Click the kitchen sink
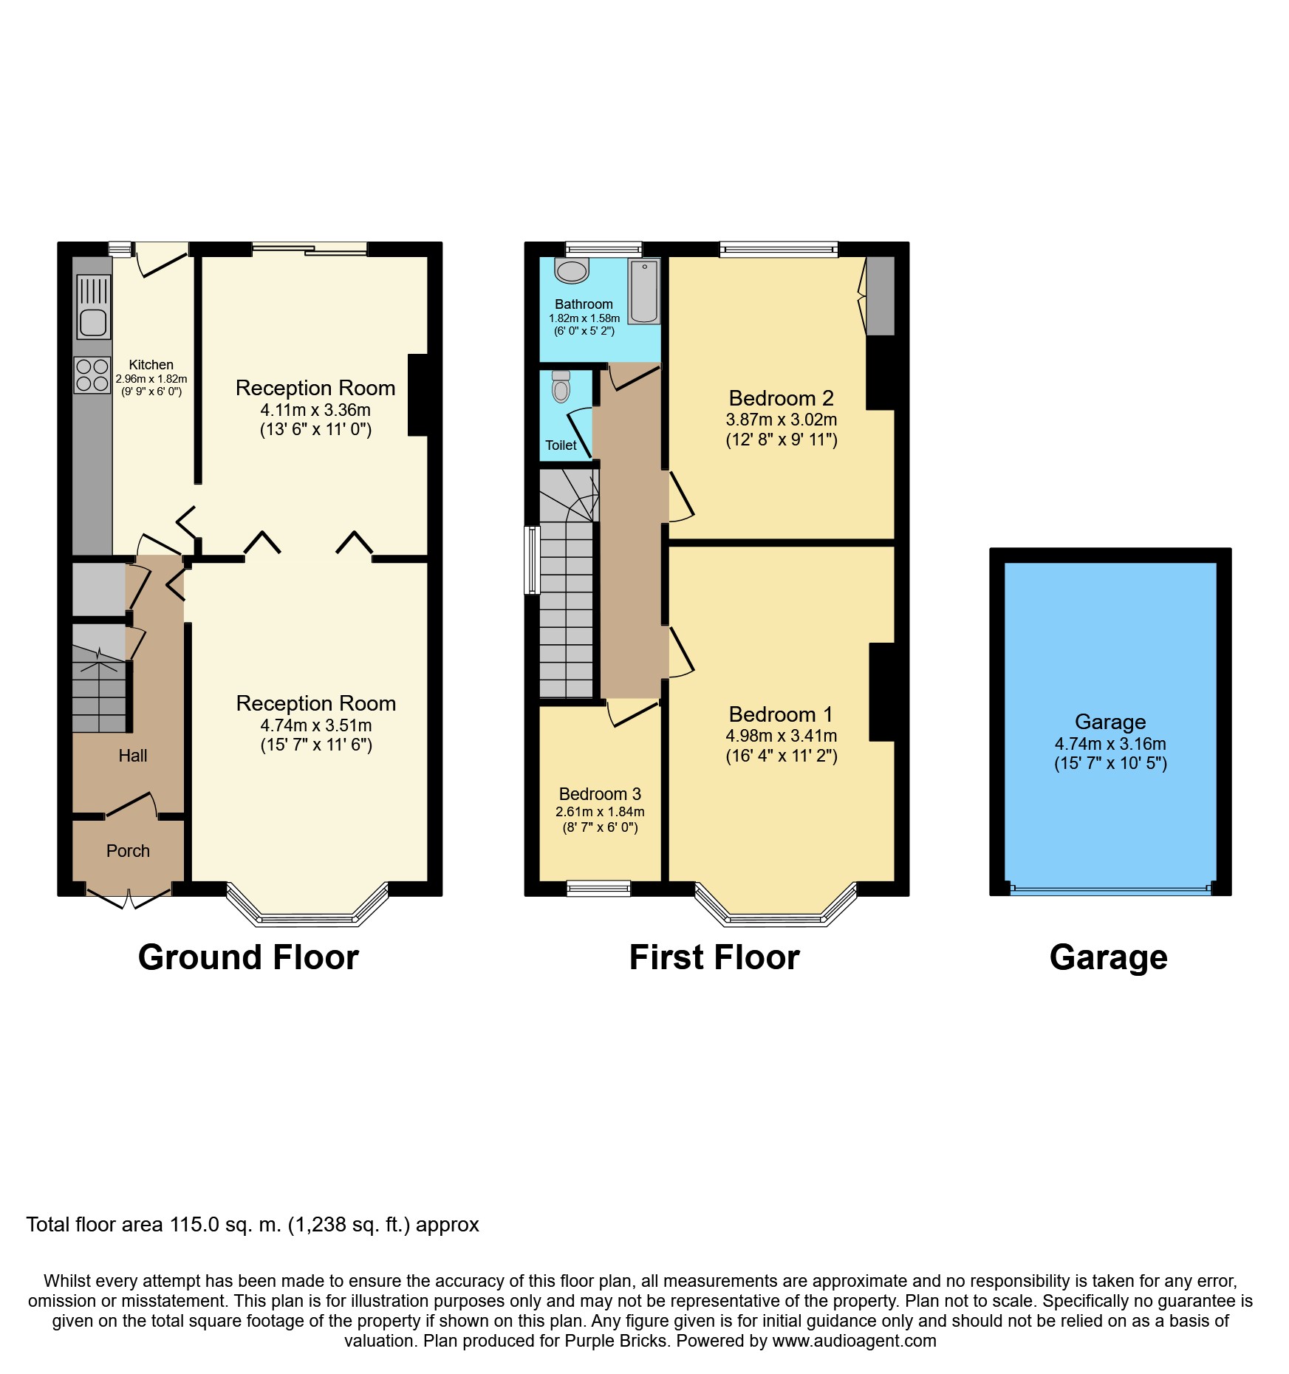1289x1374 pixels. [93, 307]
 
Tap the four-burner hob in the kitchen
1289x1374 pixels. [92, 375]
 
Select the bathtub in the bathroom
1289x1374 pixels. [644, 291]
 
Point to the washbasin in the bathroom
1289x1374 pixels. [572, 270]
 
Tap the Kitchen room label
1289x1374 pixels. [151, 365]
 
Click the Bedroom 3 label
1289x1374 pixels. [600, 794]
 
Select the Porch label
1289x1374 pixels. [128, 851]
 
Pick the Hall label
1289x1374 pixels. [133, 756]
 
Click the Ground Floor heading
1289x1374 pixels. [248, 957]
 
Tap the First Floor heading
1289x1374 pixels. [714, 957]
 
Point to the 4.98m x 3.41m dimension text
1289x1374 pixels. [782, 736]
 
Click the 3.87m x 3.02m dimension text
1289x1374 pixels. [782, 420]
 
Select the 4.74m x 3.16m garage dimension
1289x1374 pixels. [1110, 744]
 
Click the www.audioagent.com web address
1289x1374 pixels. [855, 1341]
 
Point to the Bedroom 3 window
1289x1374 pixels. [599, 888]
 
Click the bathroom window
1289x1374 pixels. [604, 249]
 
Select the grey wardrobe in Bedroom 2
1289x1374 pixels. [880, 295]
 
